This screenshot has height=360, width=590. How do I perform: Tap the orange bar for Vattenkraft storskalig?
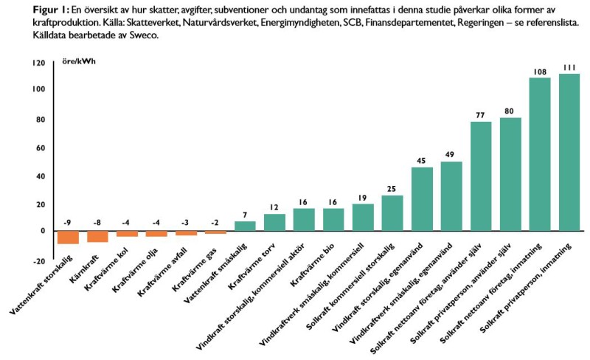[47, 237]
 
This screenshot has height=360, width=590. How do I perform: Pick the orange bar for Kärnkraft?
[97, 236]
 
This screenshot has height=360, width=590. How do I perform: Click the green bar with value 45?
[422, 199]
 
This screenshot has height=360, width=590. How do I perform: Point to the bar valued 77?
[481, 176]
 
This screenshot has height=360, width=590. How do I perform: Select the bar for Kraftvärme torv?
[274, 222]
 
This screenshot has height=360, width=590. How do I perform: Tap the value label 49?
[451, 156]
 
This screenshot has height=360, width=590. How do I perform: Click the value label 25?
[392, 190]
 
